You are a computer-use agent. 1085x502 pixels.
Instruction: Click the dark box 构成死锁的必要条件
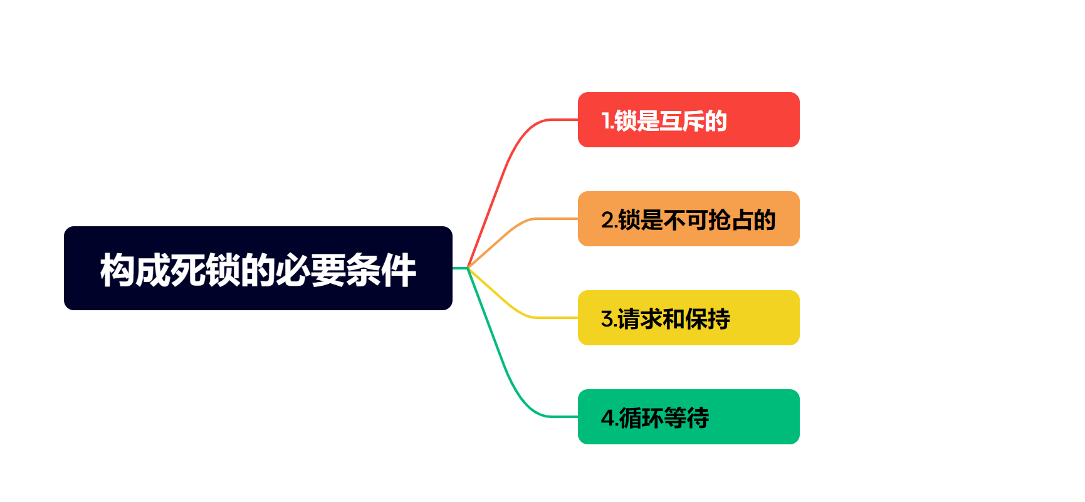tap(258, 268)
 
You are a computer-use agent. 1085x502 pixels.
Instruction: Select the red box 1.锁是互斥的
tap(688, 120)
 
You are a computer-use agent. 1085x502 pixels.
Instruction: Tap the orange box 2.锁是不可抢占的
tap(688, 219)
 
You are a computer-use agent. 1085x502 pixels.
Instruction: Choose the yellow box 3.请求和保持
tap(688, 318)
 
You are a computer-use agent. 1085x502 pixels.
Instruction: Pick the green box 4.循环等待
tap(688, 417)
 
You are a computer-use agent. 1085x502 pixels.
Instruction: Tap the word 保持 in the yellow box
tap(708, 319)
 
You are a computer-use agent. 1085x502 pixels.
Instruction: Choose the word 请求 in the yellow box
tap(640, 319)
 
